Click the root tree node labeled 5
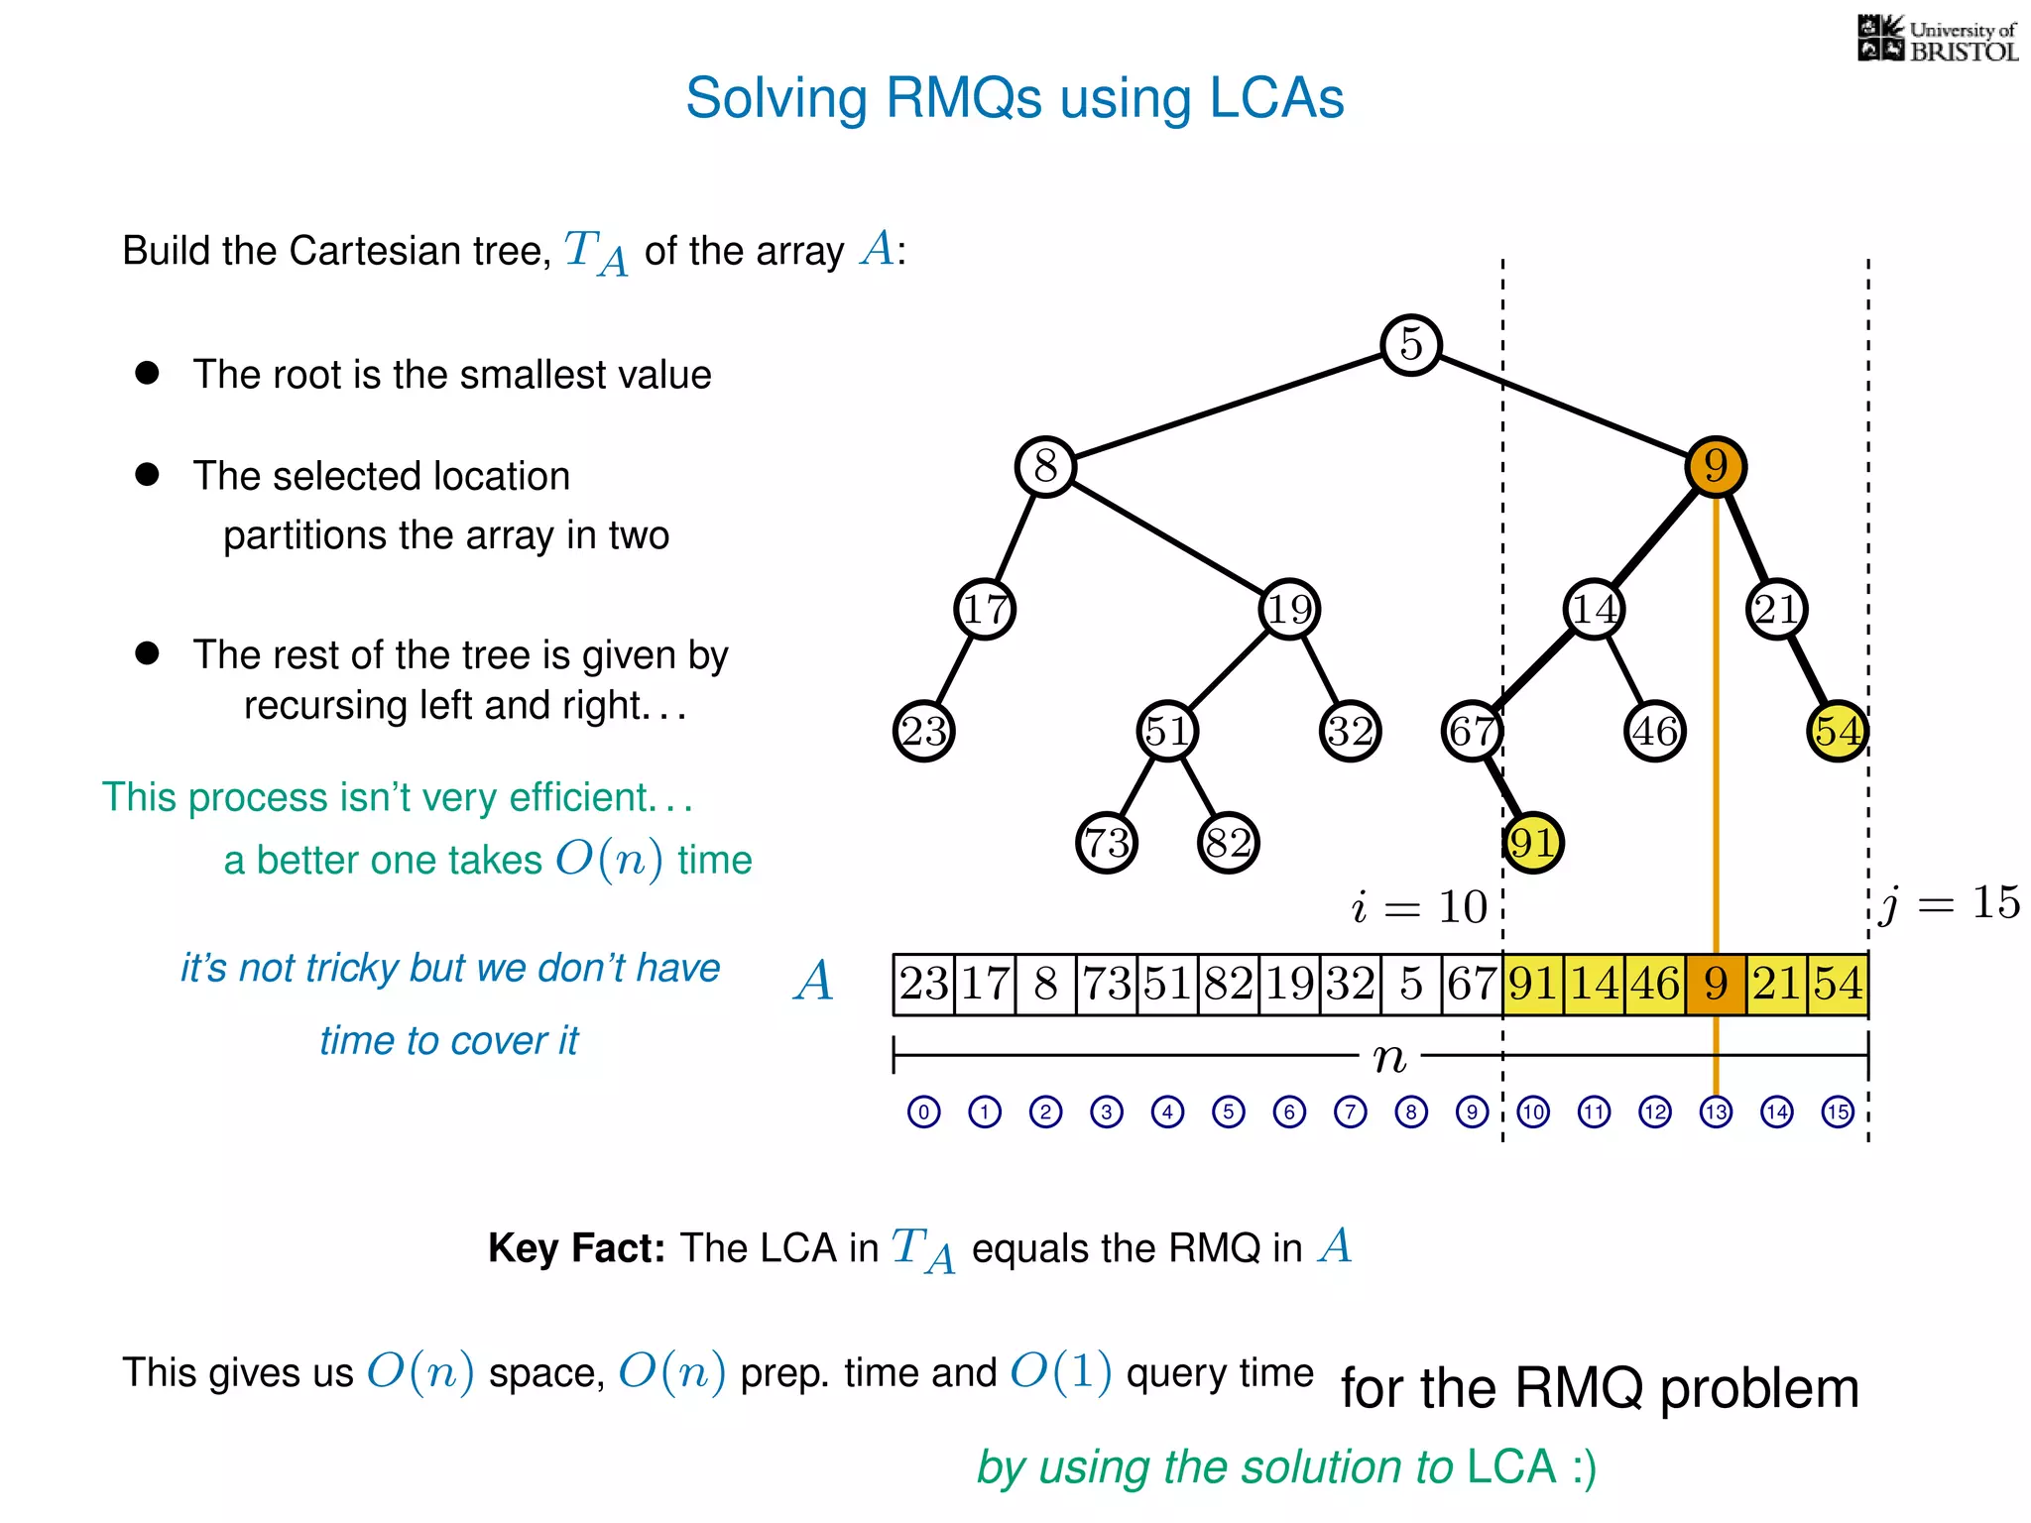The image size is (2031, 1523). (1410, 345)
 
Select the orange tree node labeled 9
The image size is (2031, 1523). (1716, 466)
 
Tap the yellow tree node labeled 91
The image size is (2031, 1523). (1532, 843)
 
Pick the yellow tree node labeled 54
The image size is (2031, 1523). (1838, 731)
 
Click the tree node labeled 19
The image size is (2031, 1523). (1289, 609)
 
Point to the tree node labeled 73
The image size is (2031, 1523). (1107, 843)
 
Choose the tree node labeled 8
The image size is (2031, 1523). (1045, 466)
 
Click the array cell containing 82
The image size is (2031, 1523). (1228, 984)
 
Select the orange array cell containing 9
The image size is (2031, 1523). (1716, 984)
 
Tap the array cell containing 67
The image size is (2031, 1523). (1472, 984)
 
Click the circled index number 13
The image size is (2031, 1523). (1716, 1112)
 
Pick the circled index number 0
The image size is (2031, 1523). (923, 1112)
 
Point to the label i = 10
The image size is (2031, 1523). (1418, 906)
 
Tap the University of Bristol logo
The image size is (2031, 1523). (1937, 40)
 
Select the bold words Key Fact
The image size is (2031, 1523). (576, 1248)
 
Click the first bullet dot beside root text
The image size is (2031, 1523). (147, 373)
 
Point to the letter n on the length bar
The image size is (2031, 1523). (1389, 1058)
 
